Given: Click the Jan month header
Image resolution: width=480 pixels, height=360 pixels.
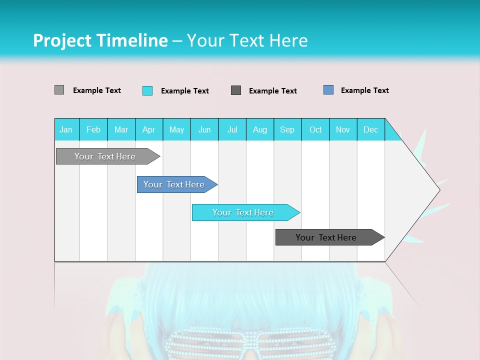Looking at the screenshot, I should [66, 129].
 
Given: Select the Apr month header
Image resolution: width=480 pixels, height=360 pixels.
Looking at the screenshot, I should [148, 129].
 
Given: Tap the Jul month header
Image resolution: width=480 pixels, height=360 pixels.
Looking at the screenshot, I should [232, 129].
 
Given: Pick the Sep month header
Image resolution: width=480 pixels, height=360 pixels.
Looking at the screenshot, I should [287, 129].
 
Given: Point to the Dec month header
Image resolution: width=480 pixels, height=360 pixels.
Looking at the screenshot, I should [370, 129].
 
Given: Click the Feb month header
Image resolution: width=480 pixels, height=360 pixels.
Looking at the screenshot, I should [93, 129].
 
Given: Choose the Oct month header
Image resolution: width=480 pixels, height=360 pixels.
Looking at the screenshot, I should [315, 129].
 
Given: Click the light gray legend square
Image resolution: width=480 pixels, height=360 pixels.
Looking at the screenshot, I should [59, 90].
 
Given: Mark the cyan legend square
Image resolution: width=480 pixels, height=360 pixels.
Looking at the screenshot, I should [147, 90].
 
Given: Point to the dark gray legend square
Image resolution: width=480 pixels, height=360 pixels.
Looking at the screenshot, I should [236, 90].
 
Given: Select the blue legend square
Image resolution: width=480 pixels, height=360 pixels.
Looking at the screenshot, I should [328, 90].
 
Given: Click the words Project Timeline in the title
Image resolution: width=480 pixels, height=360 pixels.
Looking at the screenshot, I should [100, 40].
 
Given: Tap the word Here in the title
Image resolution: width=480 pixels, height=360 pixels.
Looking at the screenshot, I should [288, 40].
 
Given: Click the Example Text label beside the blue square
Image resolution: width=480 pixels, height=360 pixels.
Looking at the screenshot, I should [364, 90].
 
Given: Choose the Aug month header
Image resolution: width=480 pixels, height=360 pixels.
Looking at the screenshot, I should [259, 129].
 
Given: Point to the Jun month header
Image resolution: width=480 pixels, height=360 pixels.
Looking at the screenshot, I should [204, 129].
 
